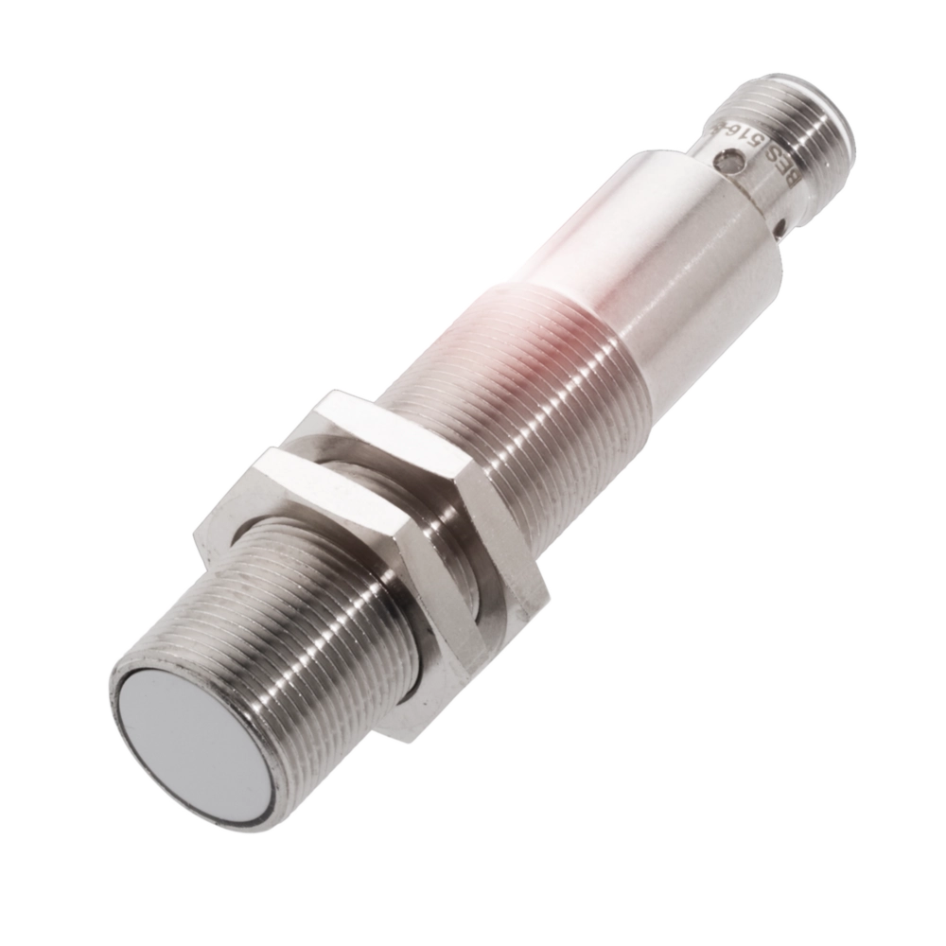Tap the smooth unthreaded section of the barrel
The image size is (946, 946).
[x=662, y=265]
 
